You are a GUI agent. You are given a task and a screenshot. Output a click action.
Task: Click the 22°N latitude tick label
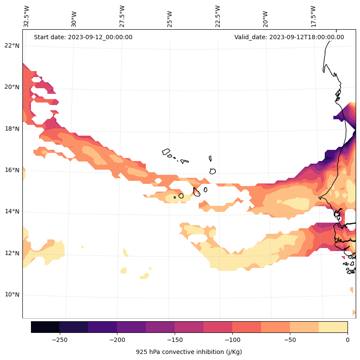point(12,46)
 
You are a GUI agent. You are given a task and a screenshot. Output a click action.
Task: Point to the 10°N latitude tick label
point(12,295)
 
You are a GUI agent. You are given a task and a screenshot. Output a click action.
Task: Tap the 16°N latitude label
point(12,170)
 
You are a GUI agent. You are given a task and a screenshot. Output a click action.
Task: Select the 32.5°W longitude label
point(27,16)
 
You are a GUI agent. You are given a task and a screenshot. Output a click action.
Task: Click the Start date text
point(83,37)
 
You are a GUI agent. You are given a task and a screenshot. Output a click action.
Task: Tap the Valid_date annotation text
point(289,37)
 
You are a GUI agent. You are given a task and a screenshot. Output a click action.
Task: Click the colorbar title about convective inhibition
point(189,352)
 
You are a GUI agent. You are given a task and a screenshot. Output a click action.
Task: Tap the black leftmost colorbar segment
point(45,327)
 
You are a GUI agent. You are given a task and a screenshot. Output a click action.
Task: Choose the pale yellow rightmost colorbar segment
point(333,327)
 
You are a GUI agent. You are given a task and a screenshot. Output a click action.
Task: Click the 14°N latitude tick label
point(12,211)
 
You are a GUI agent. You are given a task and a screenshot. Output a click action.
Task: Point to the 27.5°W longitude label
point(122,16)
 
